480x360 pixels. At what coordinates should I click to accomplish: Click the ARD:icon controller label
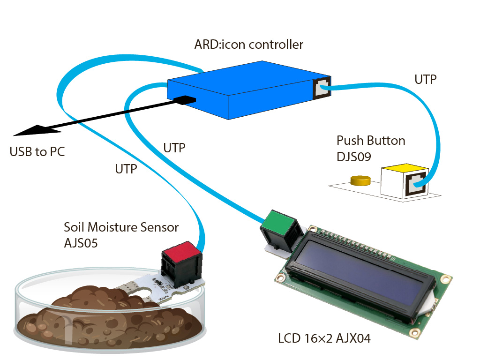pyautogui.click(x=249, y=45)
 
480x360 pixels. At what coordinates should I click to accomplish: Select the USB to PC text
pyautogui.click(x=37, y=152)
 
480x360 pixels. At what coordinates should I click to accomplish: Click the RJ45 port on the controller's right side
pyautogui.click(x=322, y=88)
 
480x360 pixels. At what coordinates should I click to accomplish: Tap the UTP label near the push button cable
pyautogui.click(x=426, y=80)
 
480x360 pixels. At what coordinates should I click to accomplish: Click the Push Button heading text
pyautogui.click(x=371, y=141)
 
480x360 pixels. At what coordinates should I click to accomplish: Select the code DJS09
pyautogui.click(x=354, y=157)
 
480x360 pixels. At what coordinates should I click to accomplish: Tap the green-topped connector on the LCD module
pyautogui.click(x=279, y=229)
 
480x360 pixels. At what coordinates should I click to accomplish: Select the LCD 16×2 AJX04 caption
pyautogui.click(x=324, y=338)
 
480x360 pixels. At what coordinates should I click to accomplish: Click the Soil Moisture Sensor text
pyautogui.click(x=121, y=227)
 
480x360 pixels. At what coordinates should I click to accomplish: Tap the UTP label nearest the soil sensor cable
pyautogui.click(x=126, y=169)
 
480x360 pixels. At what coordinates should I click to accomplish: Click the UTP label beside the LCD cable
pyautogui.click(x=174, y=148)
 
